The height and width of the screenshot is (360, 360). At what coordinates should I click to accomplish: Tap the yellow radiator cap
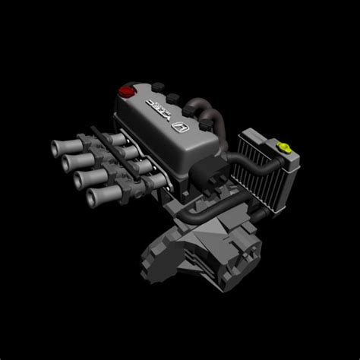pyautogui.click(x=284, y=144)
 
